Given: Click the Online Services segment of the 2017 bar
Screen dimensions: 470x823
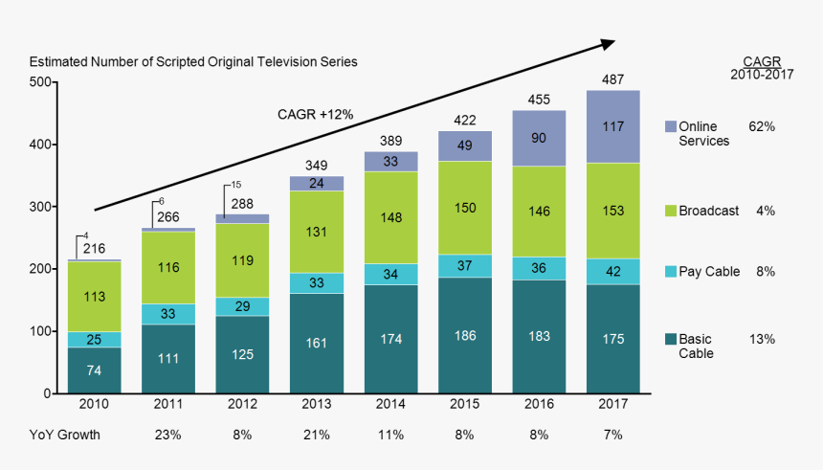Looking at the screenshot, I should coord(612,126).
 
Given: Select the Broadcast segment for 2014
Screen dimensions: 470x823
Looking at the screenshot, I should coord(390,217).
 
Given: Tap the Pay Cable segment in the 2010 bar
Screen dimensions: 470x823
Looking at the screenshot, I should coord(94,340).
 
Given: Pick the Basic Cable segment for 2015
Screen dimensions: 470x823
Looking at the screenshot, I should coord(464,335).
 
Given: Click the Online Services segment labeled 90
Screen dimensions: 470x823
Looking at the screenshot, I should coord(539,138).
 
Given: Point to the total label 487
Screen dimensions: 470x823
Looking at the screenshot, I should coord(612,79).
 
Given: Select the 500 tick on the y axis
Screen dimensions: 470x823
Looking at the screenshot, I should coord(40,82).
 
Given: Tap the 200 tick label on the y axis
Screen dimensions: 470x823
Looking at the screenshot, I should coord(40,269).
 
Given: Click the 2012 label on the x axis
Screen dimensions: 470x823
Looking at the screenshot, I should coord(242,405).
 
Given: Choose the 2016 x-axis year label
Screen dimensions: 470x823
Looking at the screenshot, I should coord(539,405).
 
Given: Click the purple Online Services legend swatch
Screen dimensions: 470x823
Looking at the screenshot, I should coord(670,127).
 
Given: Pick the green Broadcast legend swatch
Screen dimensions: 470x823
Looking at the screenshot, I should coord(670,211).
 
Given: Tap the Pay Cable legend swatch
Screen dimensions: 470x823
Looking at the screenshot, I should coord(670,272).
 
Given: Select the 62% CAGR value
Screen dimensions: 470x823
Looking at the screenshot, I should coord(762,126).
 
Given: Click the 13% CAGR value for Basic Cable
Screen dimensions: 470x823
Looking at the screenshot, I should coord(762,339).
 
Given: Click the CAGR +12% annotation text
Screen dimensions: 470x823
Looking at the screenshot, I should coord(315,115).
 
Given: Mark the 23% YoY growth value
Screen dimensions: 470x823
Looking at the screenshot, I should coord(168,435).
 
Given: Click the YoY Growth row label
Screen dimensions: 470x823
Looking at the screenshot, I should coord(64,435).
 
